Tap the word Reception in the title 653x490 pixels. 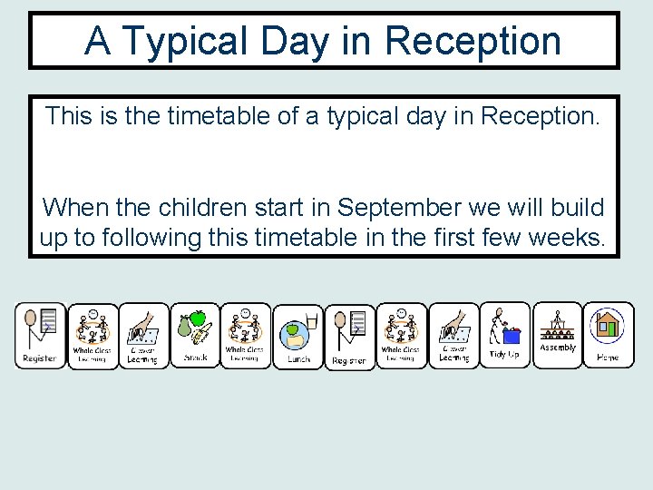tap(473, 41)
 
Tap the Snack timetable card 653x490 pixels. tap(195, 335)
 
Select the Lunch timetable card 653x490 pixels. tap(298, 337)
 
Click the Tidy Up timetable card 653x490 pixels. tap(504, 335)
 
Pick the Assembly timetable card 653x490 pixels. tap(557, 335)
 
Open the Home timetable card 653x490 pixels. tap(608, 335)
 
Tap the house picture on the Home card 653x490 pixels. tap(607, 325)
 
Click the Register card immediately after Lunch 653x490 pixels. tap(349, 337)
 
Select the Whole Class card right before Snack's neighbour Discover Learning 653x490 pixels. tap(92, 337)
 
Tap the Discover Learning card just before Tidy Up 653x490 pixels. tap(453, 337)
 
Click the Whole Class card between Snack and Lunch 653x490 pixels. tap(245, 335)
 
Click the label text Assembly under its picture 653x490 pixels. tap(557, 348)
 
